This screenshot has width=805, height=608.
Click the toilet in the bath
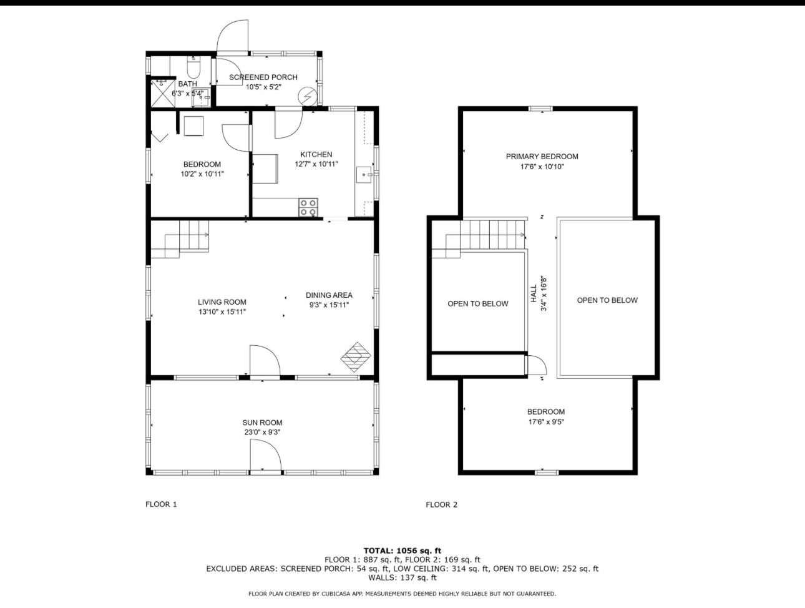193,66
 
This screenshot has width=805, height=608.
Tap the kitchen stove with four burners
308,207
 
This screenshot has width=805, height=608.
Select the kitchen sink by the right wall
364,175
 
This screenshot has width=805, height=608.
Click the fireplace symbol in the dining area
356,356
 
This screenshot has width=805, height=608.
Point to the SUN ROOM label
263,423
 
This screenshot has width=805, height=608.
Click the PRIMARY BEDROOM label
542,157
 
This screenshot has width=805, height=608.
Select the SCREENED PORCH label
263,77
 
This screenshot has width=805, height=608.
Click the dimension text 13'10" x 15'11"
222,311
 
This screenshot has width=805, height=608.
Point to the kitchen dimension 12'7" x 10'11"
316,164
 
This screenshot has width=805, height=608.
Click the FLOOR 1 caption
161,504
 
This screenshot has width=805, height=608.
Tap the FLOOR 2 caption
441,505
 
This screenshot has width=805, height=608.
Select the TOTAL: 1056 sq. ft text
402,551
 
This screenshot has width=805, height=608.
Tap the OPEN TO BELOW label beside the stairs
477,304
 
